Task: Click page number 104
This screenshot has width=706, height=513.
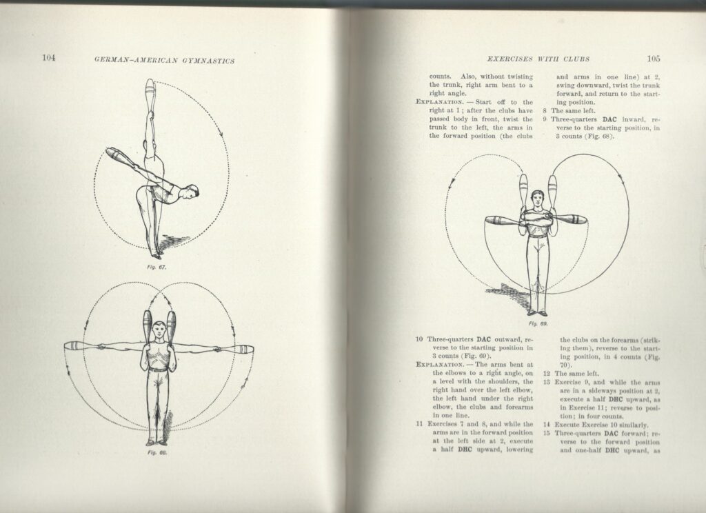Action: tap(48, 58)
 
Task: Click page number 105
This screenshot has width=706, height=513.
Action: tap(653, 58)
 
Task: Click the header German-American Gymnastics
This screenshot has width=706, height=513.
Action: tap(164, 60)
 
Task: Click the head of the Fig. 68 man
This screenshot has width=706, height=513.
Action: tap(159, 330)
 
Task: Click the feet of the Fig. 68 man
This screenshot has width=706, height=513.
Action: tap(157, 441)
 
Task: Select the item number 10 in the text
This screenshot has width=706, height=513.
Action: tap(419, 340)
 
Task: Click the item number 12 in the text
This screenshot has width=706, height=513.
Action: tap(547, 373)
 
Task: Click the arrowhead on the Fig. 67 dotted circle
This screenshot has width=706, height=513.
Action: tap(223, 135)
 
